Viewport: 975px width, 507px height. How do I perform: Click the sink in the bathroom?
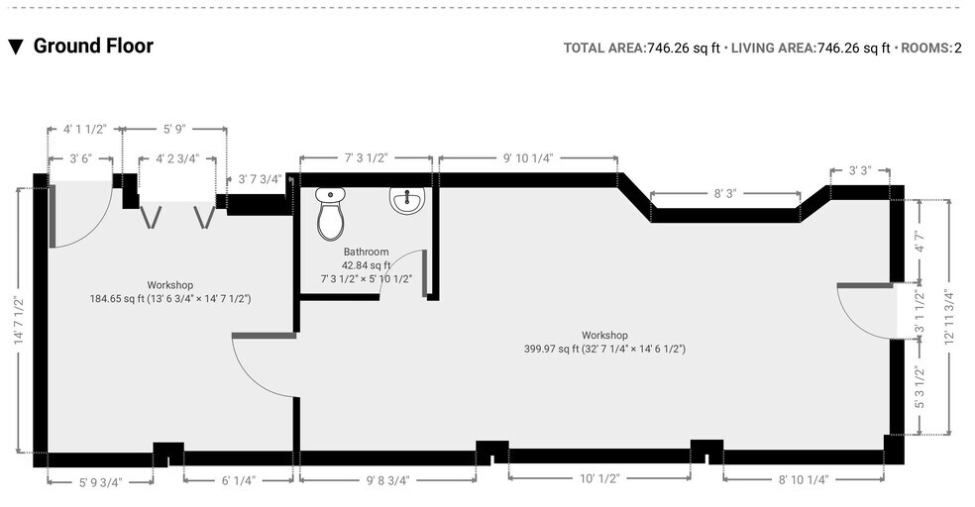pyautogui.click(x=406, y=201)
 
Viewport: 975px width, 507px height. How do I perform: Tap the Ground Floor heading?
pyautogui.click(x=93, y=46)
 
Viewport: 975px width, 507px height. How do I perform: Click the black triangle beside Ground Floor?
pyautogui.click(x=16, y=47)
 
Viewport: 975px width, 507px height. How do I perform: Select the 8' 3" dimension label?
pyautogui.click(x=724, y=194)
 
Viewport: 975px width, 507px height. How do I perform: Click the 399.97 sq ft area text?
pyautogui.click(x=604, y=349)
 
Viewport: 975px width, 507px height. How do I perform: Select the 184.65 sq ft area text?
pyautogui.click(x=169, y=298)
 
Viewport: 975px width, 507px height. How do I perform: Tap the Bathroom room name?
pyautogui.click(x=366, y=252)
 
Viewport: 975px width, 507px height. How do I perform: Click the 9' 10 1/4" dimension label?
pyautogui.click(x=527, y=157)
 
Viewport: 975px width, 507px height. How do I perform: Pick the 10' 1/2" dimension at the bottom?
pyautogui.click(x=599, y=478)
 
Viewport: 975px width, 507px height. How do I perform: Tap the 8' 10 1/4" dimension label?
pyautogui.click(x=803, y=479)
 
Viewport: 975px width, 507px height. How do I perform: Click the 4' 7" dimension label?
pyautogui.click(x=919, y=243)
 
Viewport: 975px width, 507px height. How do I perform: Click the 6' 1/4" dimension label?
pyautogui.click(x=239, y=480)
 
